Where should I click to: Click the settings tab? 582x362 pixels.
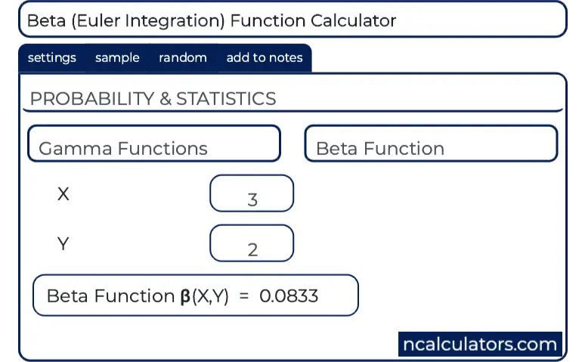[x=52, y=58]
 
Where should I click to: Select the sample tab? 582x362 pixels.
[x=117, y=58]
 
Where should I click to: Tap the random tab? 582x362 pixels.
[x=183, y=58]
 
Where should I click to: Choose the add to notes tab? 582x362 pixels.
[x=265, y=58]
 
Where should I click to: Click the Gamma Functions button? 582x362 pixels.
[x=154, y=144]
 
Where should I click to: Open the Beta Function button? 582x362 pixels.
[x=431, y=144]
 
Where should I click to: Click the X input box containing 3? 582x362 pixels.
[x=252, y=193]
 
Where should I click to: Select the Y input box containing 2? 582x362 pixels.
[x=252, y=243]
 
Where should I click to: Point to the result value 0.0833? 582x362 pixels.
[x=289, y=296]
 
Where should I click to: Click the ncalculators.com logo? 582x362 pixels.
[x=480, y=344]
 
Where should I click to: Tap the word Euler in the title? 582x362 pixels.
[x=98, y=21]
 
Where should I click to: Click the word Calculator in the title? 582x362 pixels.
[x=354, y=21]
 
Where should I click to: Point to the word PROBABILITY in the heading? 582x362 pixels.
[x=92, y=99]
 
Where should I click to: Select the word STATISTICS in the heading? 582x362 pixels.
[x=226, y=99]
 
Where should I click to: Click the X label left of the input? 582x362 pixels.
[x=63, y=193]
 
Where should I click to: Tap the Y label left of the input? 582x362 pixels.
[x=63, y=244]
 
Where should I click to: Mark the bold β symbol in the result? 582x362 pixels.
[x=185, y=297]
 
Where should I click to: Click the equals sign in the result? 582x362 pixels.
[x=244, y=296]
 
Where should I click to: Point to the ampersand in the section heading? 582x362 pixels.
[x=166, y=99]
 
